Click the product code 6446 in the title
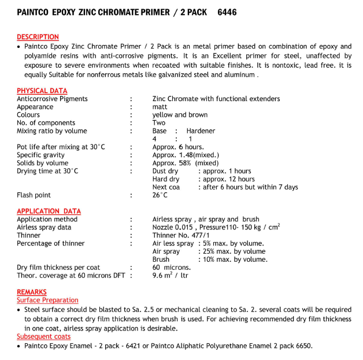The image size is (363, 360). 226,12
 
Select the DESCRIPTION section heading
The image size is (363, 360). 38,38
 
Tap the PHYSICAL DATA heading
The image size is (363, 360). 42,91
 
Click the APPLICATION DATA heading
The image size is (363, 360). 49,211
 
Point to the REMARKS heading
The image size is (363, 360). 32,292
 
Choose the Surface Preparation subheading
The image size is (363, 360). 47,300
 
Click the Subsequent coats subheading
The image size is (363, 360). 44,337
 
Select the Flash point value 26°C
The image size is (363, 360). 160,195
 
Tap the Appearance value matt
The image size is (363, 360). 160,107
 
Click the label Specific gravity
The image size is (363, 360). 40,155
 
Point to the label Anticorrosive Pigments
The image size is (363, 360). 52,99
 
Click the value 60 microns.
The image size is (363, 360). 172,268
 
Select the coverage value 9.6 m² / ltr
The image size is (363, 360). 170,276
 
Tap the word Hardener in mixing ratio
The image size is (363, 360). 201,131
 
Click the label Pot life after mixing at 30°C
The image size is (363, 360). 61,147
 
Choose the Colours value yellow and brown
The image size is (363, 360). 180,115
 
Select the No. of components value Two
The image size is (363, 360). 159,123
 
